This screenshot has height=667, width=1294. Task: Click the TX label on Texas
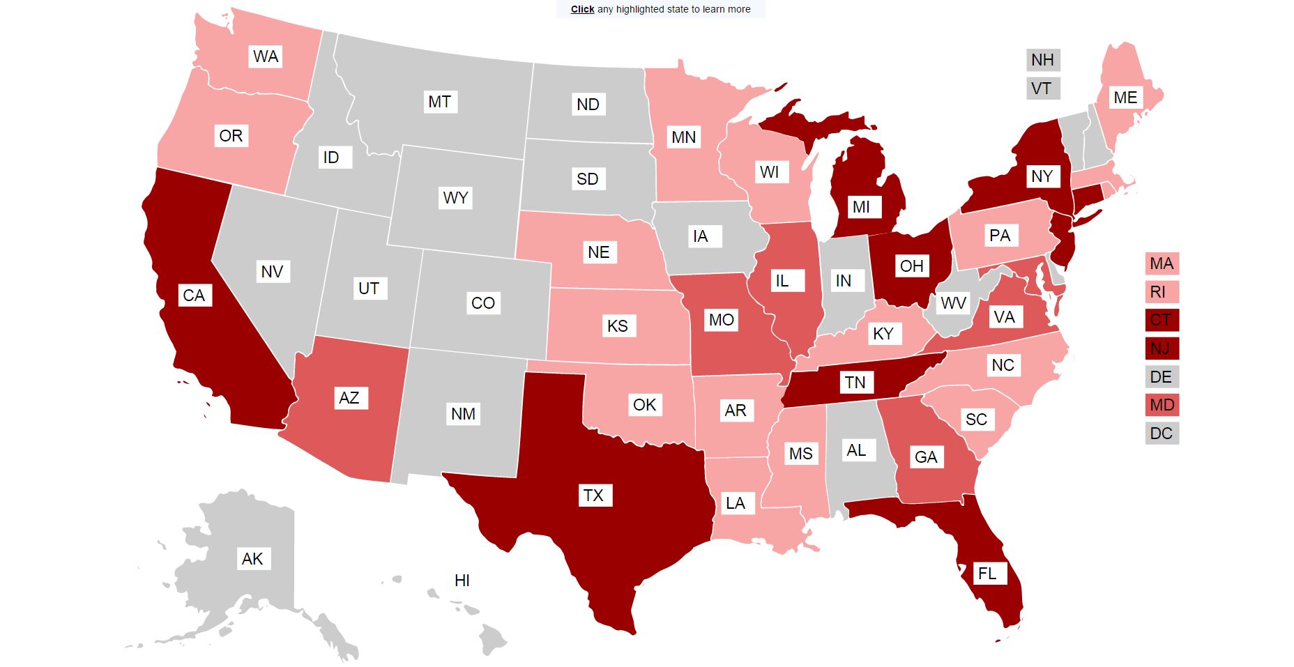pos(593,496)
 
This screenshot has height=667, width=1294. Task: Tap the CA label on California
pos(194,296)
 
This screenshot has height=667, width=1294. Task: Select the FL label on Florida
pos(987,574)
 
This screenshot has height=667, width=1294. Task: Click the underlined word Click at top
pos(582,9)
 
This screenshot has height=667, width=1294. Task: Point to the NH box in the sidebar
pos(1043,60)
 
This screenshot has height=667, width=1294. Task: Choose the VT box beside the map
pos(1042,89)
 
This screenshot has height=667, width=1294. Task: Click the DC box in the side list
pos(1162,434)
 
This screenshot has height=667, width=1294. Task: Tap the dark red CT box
pos(1162,320)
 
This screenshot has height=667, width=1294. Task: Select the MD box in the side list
pos(1162,405)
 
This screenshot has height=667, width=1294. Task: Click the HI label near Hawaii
pos(462,581)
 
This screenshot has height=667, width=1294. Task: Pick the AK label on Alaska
pos(252,559)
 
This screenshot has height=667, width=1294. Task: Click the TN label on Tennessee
pos(855,383)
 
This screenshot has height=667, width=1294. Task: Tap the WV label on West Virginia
pos(953,303)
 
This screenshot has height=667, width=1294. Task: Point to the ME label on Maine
pos(1125,98)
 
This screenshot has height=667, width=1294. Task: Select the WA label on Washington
pos(266,56)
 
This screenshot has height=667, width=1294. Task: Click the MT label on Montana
pos(439,102)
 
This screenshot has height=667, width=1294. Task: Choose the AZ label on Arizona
pos(349,398)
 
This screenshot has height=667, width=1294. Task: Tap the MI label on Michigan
pos(861,207)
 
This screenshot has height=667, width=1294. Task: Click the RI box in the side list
pos(1159,292)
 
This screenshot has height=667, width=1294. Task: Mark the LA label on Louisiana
pos(736,503)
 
